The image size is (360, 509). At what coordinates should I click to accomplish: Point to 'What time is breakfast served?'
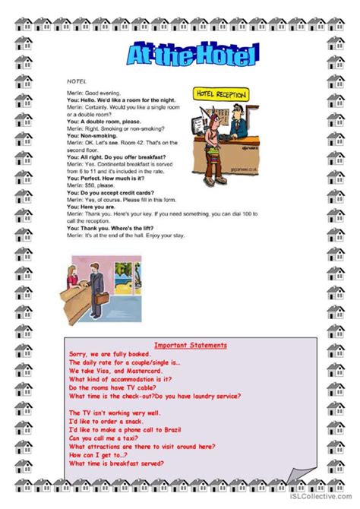(118, 463)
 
